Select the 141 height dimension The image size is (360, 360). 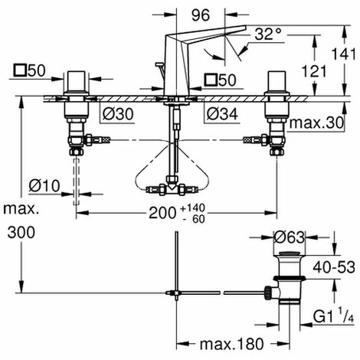[347, 54]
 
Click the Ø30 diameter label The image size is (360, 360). [117, 113]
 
